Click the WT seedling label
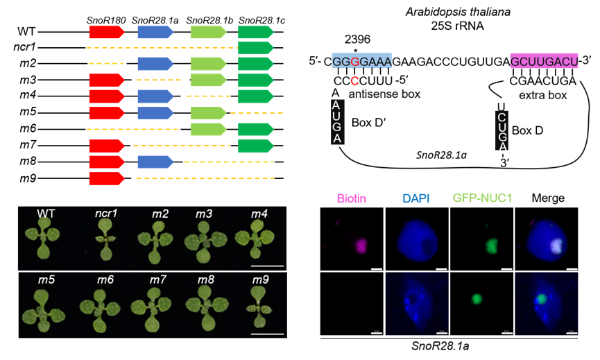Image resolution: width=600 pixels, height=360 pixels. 46,213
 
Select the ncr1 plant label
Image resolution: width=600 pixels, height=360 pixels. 106,213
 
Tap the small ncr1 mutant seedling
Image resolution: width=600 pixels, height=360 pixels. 107,240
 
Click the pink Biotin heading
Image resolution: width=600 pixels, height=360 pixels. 351,199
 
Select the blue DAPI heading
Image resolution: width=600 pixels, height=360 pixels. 415,199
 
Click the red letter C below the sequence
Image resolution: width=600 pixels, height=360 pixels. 354,81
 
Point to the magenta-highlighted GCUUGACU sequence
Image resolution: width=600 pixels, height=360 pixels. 544,61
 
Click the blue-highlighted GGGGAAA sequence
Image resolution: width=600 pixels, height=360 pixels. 361,61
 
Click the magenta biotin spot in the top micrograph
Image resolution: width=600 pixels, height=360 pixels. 361,246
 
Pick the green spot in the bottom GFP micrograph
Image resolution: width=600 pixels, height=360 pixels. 477,300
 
